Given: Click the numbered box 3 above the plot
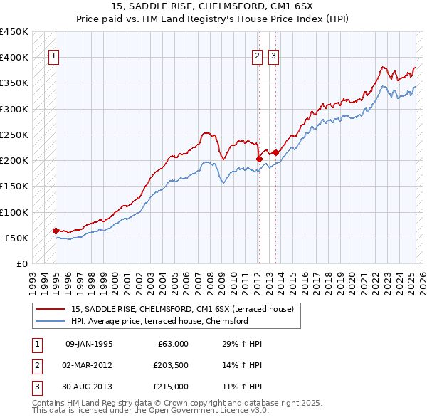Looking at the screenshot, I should pyautogui.click(x=274, y=58).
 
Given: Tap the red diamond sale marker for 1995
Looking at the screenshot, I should pyautogui.click(x=56, y=231).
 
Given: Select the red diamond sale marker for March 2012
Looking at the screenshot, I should pyautogui.click(x=259, y=159).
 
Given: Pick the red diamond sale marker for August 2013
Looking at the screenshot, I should pyautogui.click(x=275, y=152).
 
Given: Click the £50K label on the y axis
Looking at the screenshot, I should pyautogui.click(x=17, y=238).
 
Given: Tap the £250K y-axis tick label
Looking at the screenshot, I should pyautogui.click(x=14, y=135).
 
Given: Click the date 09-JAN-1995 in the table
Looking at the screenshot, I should pyautogui.click(x=89, y=344).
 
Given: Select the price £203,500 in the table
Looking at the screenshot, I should pyautogui.click(x=171, y=365).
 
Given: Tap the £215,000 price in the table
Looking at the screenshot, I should pyautogui.click(x=171, y=387).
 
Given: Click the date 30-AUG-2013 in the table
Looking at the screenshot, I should pyautogui.click(x=89, y=387).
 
